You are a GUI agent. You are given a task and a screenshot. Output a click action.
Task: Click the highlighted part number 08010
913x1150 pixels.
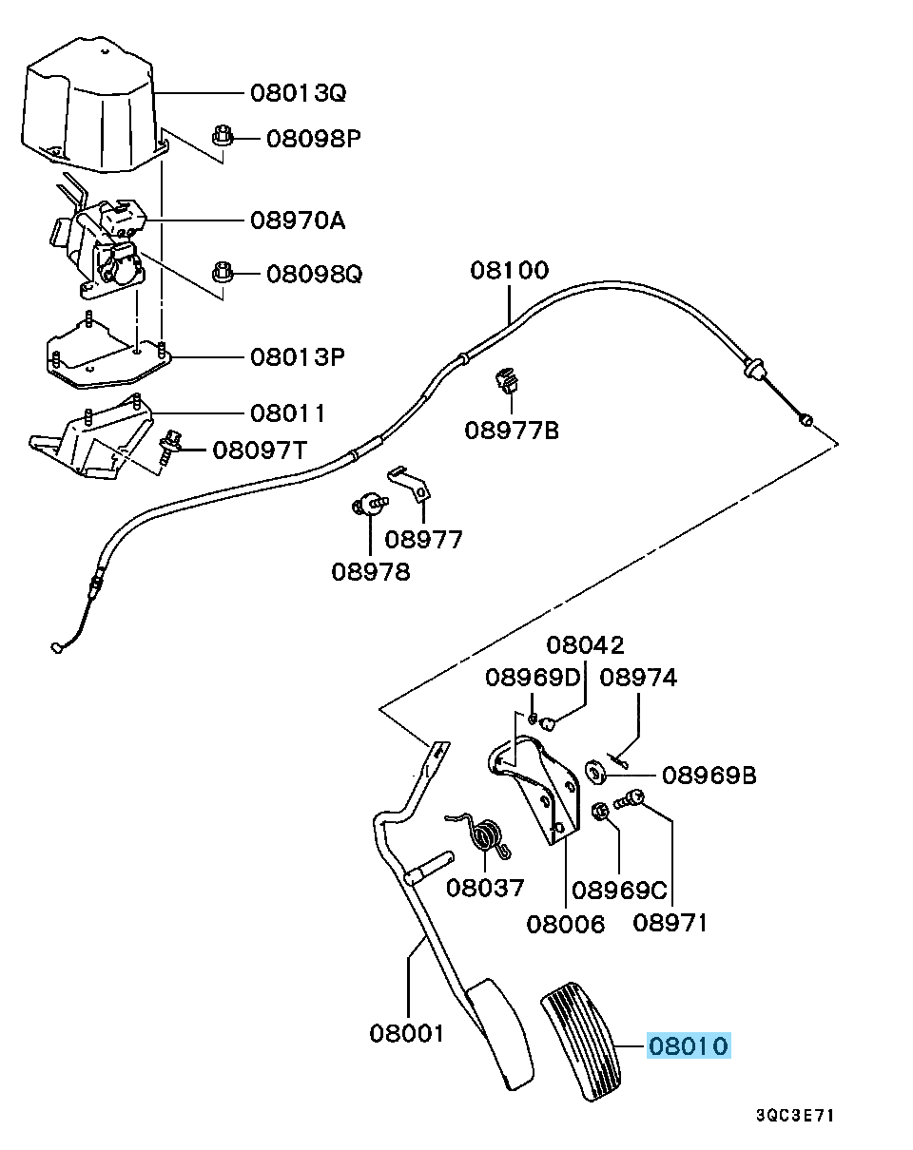(x=689, y=1046)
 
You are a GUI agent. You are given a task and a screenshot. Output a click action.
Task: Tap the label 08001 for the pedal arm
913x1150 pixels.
(x=407, y=1032)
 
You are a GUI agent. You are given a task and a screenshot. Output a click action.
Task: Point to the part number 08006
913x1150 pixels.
(x=566, y=924)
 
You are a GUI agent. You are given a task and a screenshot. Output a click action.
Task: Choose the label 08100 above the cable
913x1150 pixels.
(x=509, y=271)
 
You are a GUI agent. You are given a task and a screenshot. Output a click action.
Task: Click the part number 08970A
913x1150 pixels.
(x=298, y=221)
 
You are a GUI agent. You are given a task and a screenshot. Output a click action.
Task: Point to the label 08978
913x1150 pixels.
(x=371, y=572)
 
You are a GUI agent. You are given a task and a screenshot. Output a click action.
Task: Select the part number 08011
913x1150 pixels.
(x=288, y=413)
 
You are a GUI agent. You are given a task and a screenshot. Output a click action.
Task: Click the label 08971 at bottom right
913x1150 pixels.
(x=670, y=922)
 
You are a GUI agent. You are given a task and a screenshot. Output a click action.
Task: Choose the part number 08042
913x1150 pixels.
(x=585, y=646)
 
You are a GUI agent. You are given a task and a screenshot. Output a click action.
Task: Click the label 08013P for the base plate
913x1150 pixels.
(x=298, y=357)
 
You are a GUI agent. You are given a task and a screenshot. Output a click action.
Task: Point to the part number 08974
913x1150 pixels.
(x=639, y=678)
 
